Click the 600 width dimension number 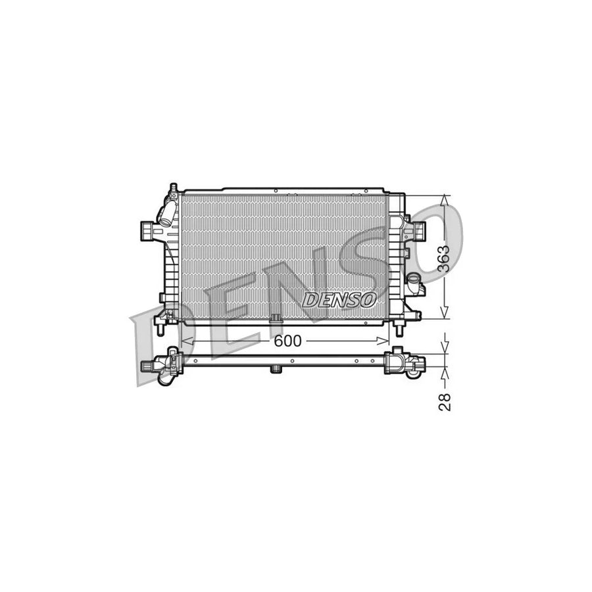coord(287,341)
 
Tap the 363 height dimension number coord(445,258)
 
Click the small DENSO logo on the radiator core coord(340,300)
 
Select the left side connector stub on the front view coord(148,231)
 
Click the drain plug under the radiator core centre coord(276,320)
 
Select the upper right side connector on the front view coord(417,230)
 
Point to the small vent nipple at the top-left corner coord(173,190)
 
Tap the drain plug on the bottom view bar coord(276,370)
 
